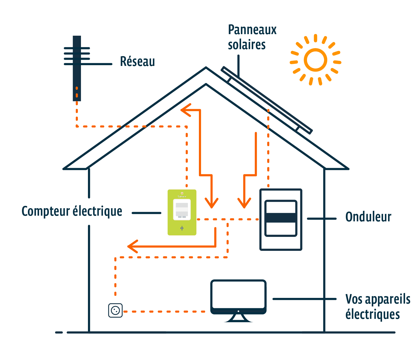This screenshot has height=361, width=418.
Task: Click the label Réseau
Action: tap(137, 62)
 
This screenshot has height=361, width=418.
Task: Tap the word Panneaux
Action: tap(252, 30)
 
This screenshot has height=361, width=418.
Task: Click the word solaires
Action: tap(247, 45)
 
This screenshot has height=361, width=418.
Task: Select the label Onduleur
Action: tap(368, 217)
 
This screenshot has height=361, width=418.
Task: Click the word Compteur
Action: tap(46, 212)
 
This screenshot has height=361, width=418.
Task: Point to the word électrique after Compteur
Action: tap(97, 212)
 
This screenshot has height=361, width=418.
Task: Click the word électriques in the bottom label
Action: tap(372, 314)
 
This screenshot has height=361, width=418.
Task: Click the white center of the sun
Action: tap(315, 60)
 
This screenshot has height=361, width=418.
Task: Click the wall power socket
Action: tap(115, 310)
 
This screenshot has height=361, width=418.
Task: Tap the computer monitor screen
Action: tap(238, 294)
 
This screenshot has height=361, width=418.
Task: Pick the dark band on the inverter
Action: tap(281, 217)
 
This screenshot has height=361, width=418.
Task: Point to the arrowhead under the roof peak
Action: tap(185, 110)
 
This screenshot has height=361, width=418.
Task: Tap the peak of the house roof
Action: tap(206, 69)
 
